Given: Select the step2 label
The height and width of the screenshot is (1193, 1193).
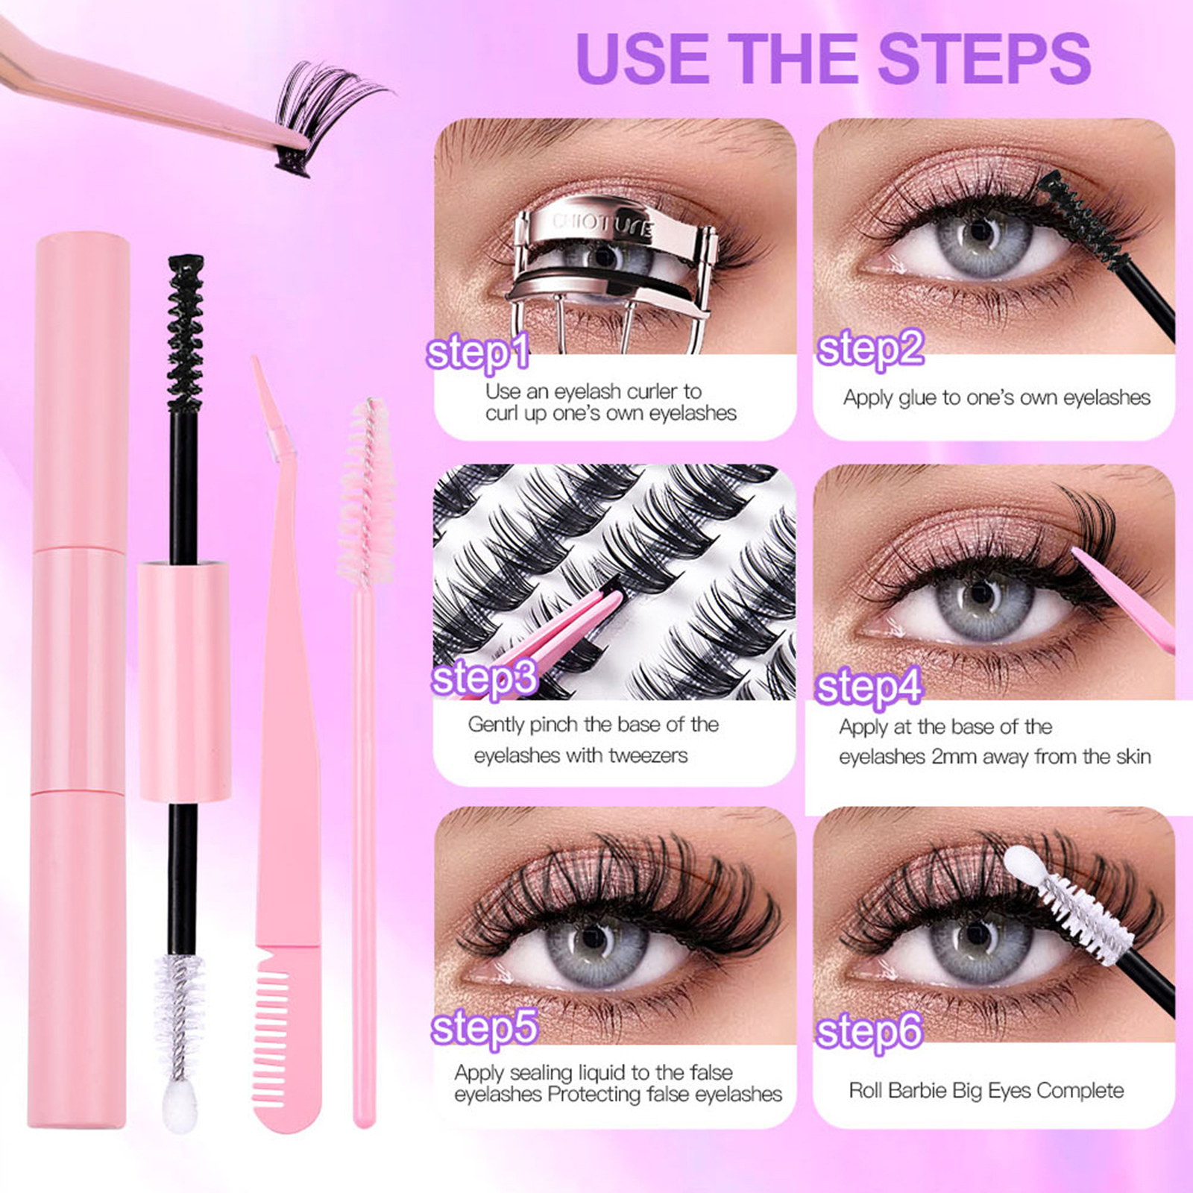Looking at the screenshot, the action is coord(870,349).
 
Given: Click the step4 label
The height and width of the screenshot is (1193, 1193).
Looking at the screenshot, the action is coord(869,687).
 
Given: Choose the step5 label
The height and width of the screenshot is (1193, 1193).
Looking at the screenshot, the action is coord(484,1027).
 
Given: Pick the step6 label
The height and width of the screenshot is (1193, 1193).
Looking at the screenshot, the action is coord(869,1032).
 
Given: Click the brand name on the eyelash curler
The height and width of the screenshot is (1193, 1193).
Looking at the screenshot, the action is coord(602,224).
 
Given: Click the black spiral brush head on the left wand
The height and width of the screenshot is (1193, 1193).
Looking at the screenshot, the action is coord(185,333).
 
